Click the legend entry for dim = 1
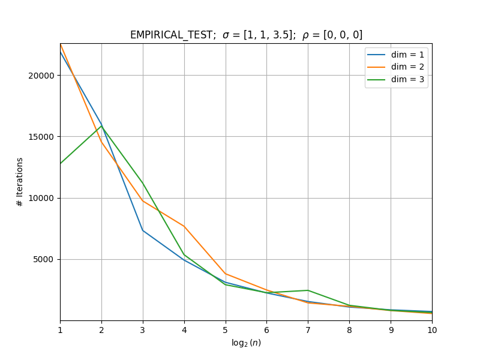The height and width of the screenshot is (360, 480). (x=395, y=55)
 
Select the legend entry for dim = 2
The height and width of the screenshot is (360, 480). (x=395, y=67)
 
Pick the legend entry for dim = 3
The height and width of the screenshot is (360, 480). (x=395, y=80)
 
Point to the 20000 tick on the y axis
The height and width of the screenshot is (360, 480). (x=41, y=76)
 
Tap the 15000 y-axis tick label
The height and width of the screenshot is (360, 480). (x=41, y=137)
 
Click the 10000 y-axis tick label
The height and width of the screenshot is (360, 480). (x=41, y=198)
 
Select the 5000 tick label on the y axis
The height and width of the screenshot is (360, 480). (x=43, y=260)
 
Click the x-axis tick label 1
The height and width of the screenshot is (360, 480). (x=61, y=330)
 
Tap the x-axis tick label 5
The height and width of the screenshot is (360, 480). (x=226, y=330)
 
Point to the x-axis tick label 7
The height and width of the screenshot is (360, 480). (x=308, y=330)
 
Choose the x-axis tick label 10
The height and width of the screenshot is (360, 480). (x=432, y=330)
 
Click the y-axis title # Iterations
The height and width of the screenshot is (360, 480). (x=20, y=182)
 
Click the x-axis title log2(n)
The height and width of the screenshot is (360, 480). (x=246, y=343)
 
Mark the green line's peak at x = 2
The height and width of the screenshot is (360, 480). (x=101, y=126)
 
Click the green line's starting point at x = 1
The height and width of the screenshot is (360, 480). (x=61, y=163)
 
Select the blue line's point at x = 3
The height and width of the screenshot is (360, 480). (x=143, y=230)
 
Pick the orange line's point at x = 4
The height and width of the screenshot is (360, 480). (x=184, y=226)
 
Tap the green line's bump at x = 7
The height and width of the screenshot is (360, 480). (x=308, y=290)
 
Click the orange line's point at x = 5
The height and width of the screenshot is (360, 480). (x=226, y=274)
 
